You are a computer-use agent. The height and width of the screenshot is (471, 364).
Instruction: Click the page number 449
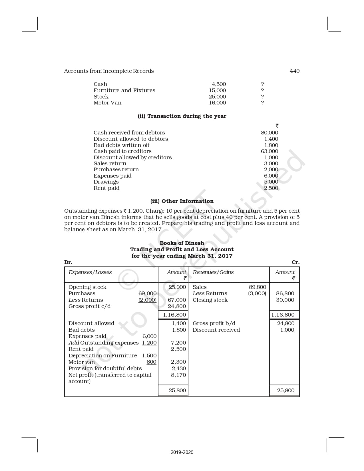point(295,71)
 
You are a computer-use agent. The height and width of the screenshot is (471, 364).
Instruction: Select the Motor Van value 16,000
point(217,103)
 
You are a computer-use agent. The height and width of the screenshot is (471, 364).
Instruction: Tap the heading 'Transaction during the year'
point(182,116)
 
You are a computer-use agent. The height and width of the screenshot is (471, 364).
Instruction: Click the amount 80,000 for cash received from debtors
point(269,133)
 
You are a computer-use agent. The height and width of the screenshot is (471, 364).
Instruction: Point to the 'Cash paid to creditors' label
point(122,151)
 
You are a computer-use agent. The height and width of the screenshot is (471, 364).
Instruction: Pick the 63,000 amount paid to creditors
point(269,151)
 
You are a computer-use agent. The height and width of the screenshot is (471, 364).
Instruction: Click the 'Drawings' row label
point(106,182)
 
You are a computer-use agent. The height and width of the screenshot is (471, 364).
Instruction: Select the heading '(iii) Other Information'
point(182,201)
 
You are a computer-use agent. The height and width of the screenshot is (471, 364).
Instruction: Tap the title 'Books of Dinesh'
point(182,243)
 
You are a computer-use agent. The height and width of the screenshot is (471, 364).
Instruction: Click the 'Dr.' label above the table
point(68,262)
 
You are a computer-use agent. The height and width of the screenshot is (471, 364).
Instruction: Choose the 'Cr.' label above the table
point(295,262)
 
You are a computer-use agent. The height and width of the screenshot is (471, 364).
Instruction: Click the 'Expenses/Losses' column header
point(90,272)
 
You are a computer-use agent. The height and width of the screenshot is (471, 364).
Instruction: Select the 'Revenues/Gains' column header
point(213,272)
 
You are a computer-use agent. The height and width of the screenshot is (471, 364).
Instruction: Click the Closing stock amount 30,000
point(285,300)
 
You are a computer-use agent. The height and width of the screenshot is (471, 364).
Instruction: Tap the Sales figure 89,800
point(257,287)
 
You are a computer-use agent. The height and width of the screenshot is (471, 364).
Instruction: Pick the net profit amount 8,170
point(178,375)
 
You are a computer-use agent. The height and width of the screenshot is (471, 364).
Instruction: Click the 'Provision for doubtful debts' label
point(105,369)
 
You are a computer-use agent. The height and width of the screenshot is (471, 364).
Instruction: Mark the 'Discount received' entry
point(216,330)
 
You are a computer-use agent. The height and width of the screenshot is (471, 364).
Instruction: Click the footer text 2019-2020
point(182,452)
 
